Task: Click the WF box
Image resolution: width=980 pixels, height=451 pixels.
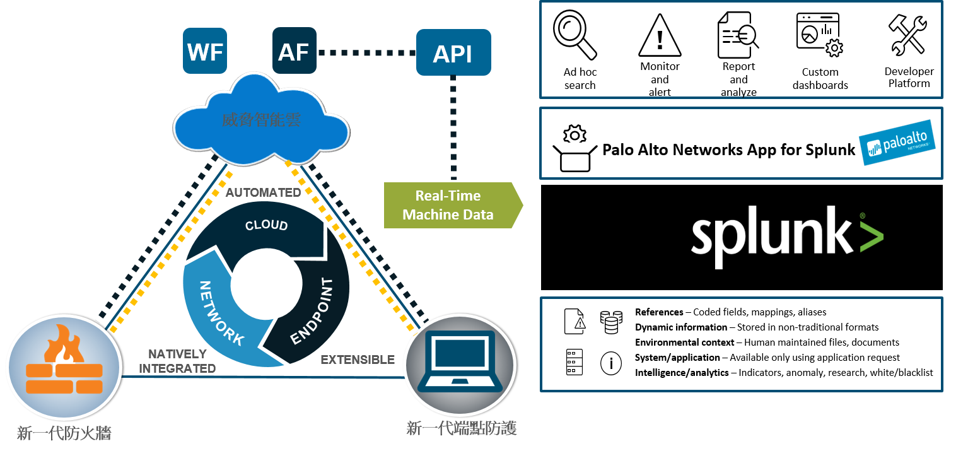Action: pos(206,50)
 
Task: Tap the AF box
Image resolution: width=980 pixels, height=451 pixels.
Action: pos(294,50)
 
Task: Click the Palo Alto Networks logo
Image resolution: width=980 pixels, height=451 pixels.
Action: pos(897,143)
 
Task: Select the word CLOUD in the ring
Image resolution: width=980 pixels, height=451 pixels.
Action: pos(266,225)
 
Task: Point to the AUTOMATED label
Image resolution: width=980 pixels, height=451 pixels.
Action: pos(263,192)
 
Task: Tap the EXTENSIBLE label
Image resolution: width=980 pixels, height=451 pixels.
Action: pos(358,360)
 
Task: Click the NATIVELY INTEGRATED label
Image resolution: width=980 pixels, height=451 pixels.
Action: pos(177,361)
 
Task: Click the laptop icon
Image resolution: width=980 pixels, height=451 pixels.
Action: pos(458,361)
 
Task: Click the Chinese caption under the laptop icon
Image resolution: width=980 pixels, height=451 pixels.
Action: pos(462,429)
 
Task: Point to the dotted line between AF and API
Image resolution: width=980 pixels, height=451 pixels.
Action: pos(366,52)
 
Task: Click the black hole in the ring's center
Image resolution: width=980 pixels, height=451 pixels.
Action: pos(265,283)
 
